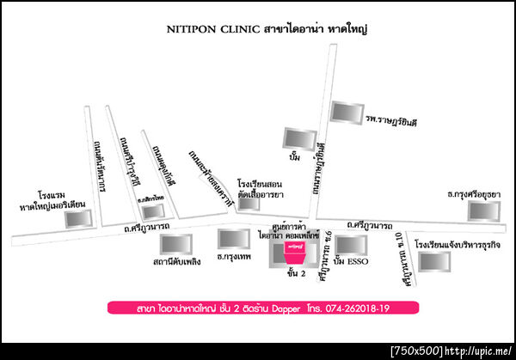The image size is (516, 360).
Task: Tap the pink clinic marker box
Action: [x=294, y=252]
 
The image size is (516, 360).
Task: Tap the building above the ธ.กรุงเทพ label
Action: [x=234, y=238]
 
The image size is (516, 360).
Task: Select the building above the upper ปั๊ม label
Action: [x=296, y=137]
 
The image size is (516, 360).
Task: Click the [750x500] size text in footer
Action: [x=416, y=351]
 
